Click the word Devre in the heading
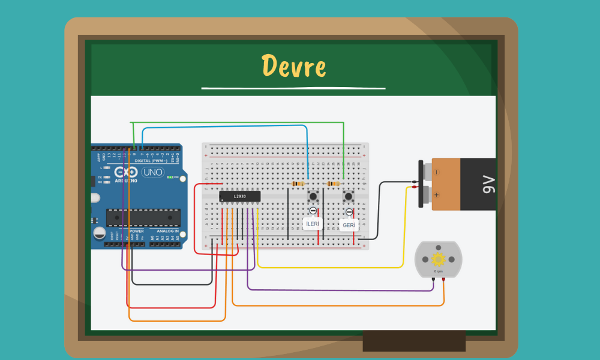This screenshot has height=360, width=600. coord(293,66)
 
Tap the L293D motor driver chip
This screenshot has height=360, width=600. coord(239,196)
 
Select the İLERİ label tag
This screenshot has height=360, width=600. coord(313,224)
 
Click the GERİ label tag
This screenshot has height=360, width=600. coord(349,225)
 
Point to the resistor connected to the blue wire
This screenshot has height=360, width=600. coord(297,184)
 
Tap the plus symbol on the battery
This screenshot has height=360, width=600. coord(436,194)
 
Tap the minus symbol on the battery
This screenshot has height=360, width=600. coord(436,172)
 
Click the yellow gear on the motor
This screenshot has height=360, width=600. coord(438,259)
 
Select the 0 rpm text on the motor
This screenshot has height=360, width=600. coord(438,272)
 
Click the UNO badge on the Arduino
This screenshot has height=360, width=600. coord(152,172)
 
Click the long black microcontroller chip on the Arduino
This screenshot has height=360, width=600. coord(143,217)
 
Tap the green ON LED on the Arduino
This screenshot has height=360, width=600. coord(169,178)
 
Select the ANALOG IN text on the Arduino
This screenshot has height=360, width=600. coord(167,231)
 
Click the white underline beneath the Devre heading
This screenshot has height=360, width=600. coord(293,88)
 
